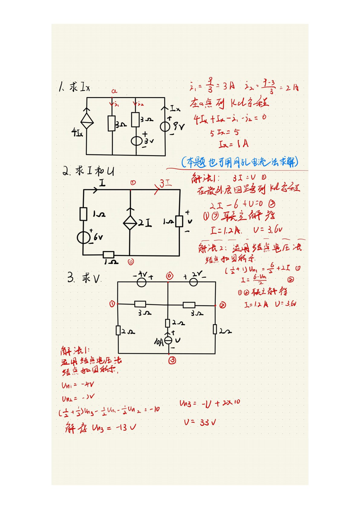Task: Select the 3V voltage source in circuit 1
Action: click(x=136, y=141)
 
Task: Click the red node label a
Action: click(x=114, y=91)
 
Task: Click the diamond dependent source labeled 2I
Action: click(x=130, y=223)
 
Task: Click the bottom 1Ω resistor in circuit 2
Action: click(x=109, y=255)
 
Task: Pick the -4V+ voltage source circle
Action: click(x=142, y=282)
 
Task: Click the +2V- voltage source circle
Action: click(x=193, y=282)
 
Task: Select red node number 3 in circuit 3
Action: click(x=172, y=360)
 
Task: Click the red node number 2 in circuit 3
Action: click(x=223, y=305)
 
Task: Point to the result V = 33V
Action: click(x=200, y=422)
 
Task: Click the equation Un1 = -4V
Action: click(x=78, y=385)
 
